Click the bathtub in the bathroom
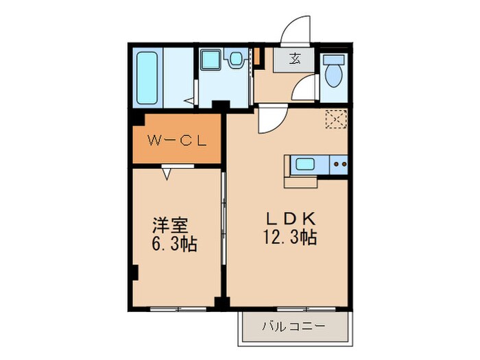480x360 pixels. (x=147, y=77)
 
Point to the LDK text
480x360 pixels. (x=290, y=219)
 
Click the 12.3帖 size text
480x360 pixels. (x=290, y=239)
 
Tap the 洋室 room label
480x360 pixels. (x=170, y=225)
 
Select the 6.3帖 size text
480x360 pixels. (x=173, y=244)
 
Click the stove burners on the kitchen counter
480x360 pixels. (x=338, y=165)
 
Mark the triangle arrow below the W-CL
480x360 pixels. (x=167, y=173)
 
